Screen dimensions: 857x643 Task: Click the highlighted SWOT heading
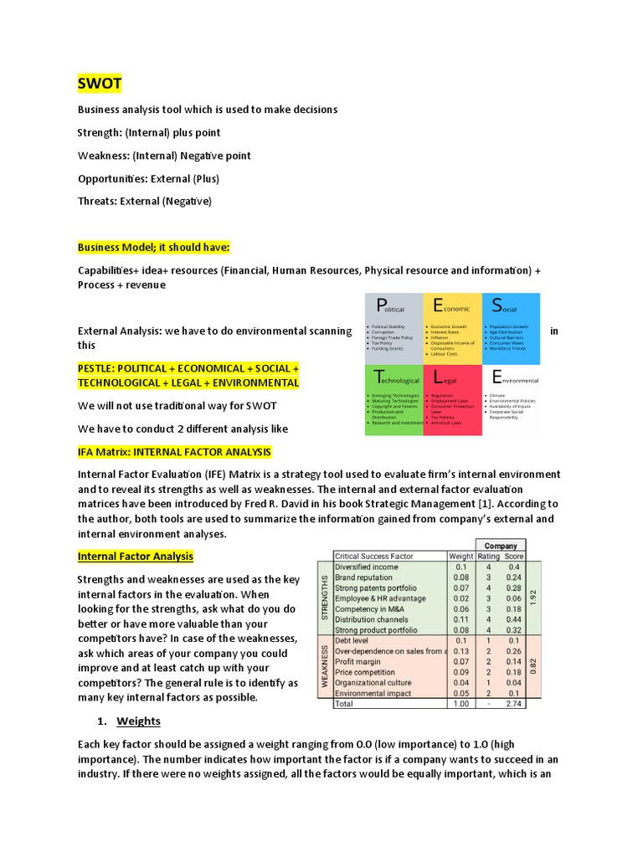(99, 84)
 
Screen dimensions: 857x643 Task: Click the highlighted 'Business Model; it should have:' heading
(153, 247)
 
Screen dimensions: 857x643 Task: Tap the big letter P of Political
(381, 305)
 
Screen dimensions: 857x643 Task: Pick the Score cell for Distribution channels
(514, 619)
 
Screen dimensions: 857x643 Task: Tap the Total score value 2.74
(514, 704)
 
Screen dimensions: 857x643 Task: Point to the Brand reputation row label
(363, 577)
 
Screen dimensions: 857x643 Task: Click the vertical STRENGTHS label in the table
(324, 598)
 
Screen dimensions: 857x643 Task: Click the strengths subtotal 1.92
(534, 598)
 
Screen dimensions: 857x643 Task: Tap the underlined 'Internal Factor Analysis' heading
(136, 556)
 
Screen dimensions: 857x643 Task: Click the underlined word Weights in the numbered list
(138, 721)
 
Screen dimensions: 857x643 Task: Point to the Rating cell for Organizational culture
(488, 683)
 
